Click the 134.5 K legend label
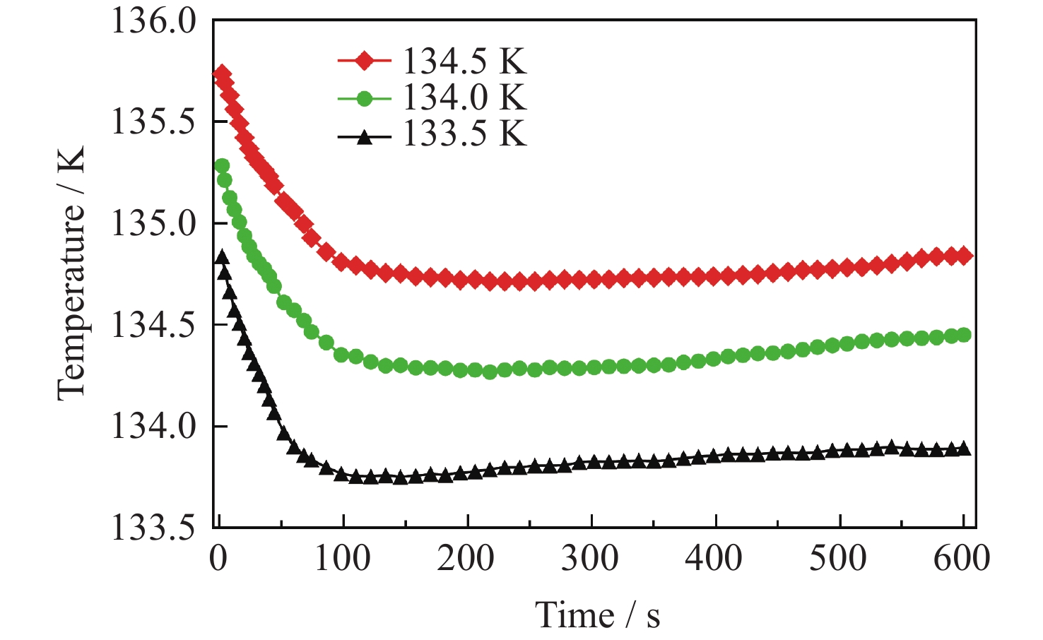(465, 61)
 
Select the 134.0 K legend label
(465, 97)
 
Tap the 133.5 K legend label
(465, 134)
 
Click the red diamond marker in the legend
(364, 61)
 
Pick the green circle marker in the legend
(364, 98)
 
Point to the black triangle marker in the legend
(364, 136)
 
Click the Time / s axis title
(597, 615)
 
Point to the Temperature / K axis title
(71, 274)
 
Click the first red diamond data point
(222, 74)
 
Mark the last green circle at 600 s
(963, 335)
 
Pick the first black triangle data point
(222, 257)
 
